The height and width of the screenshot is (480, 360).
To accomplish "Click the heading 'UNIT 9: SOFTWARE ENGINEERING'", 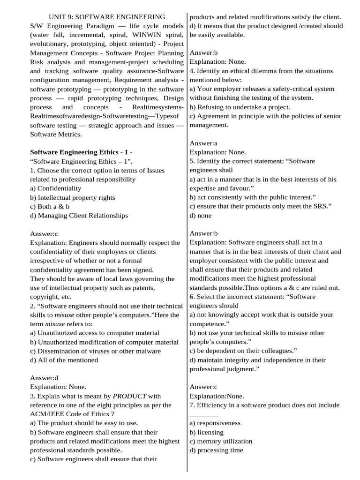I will (x=107, y=17).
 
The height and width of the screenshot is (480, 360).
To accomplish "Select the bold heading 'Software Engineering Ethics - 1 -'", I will (x=81, y=152).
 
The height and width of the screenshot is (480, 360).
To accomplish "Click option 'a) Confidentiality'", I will (x=55, y=188).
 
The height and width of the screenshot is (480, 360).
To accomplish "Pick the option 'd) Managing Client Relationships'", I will (x=79, y=215).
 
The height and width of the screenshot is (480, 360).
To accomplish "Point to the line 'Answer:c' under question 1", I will (x=44, y=233).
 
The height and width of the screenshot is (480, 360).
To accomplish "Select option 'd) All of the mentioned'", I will (x=64, y=360).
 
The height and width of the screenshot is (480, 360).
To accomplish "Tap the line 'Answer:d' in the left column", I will (x=44, y=377).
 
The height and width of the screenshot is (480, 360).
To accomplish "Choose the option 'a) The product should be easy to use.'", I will (x=84, y=423).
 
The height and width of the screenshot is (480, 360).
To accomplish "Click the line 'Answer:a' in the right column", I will (x=203, y=143).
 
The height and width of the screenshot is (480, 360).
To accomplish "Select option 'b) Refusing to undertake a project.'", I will (x=240, y=107).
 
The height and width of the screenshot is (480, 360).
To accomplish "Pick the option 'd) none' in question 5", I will (x=201, y=215).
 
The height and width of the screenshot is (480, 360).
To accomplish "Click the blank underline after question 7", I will (x=204, y=414).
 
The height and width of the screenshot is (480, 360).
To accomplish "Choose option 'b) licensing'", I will (x=206, y=432).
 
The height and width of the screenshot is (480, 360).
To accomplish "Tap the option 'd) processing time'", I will (x=216, y=450).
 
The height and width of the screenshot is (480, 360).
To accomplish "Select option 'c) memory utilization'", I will (x=221, y=441).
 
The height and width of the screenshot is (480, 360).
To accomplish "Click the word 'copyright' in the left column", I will (x=45, y=297).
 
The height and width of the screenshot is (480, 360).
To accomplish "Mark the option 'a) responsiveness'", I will (x=215, y=423).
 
